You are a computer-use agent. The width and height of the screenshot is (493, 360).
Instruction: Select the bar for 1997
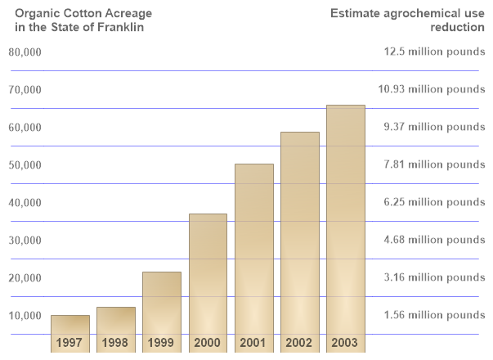[69, 324]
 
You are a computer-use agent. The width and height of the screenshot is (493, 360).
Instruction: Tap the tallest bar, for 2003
[346, 221]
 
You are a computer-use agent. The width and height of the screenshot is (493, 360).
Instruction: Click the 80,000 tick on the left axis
[25, 52]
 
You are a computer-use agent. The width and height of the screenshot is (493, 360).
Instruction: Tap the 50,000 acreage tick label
[25, 165]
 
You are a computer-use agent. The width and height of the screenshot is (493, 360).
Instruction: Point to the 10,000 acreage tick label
[25, 316]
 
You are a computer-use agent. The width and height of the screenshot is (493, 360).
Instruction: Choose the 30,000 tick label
[25, 241]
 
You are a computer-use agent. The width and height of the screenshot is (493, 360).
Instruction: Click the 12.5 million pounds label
[434, 52]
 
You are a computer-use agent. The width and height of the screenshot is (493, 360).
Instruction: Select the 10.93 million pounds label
[434, 90]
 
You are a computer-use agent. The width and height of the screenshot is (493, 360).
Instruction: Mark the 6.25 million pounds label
[434, 202]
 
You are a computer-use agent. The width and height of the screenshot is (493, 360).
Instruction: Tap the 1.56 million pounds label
[434, 315]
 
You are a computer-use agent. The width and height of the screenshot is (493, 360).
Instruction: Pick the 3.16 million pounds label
[434, 277]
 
